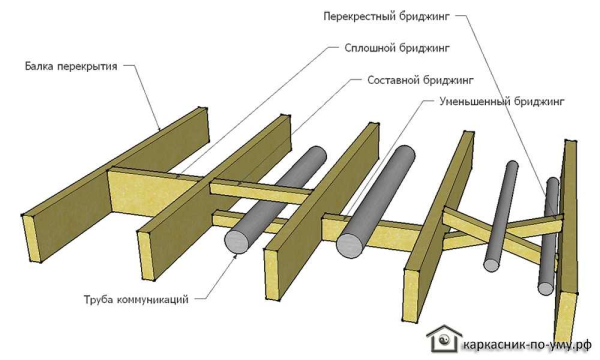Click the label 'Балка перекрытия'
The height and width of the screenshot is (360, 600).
pyautogui.click(x=71, y=67)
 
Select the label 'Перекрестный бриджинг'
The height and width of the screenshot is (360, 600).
pyautogui.click(x=386, y=16)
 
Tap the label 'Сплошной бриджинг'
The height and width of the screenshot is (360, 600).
pyautogui.click(x=397, y=48)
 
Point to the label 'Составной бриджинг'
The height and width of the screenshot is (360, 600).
pyautogui.click(x=421, y=80)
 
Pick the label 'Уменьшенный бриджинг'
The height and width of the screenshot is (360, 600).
pyautogui.click(x=502, y=102)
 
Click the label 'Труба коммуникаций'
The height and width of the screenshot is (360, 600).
pyautogui.click(x=136, y=299)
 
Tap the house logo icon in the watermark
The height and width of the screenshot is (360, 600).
pyautogui.click(x=444, y=338)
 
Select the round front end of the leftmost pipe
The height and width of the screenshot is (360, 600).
pyautogui.click(x=236, y=240)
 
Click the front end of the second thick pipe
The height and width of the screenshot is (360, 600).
pyautogui.click(x=349, y=245)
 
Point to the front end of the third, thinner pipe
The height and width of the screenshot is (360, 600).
pyautogui.click(x=492, y=264)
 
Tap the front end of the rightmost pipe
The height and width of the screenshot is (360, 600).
pyautogui.click(x=546, y=288)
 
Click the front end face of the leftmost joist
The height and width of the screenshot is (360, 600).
pyautogui.click(x=32, y=239)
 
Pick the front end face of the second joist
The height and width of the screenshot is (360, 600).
pyautogui.click(x=146, y=256)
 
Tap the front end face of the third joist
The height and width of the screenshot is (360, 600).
pyautogui.click(x=272, y=274)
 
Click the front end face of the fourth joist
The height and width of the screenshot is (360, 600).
pyautogui.click(x=412, y=295)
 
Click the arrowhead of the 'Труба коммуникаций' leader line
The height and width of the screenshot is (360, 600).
pyautogui.click(x=235, y=256)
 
